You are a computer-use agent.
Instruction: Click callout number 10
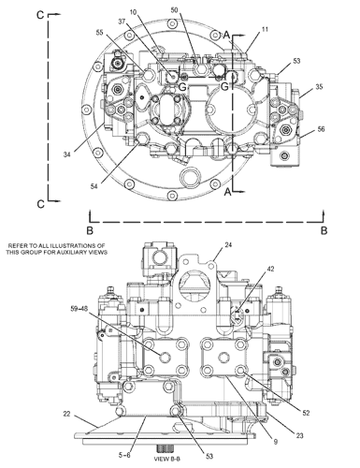[x=133, y=12]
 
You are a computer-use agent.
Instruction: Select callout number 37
[x=122, y=22]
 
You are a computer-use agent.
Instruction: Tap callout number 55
[x=99, y=33]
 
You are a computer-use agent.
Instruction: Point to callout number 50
[x=174, y=10]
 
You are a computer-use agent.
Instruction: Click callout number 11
[x=265, y=29]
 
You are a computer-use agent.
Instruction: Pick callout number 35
[x=319, y=87]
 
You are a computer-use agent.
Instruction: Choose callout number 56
[x=321, y=129]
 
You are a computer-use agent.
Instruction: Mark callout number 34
[x=67, y=154]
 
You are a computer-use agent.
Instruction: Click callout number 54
[x=94, y=186]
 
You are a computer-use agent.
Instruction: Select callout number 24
[x=228, y=245]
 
